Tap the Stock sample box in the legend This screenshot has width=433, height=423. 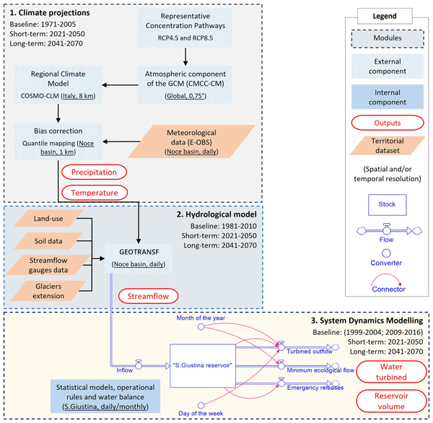coord(387,204)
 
